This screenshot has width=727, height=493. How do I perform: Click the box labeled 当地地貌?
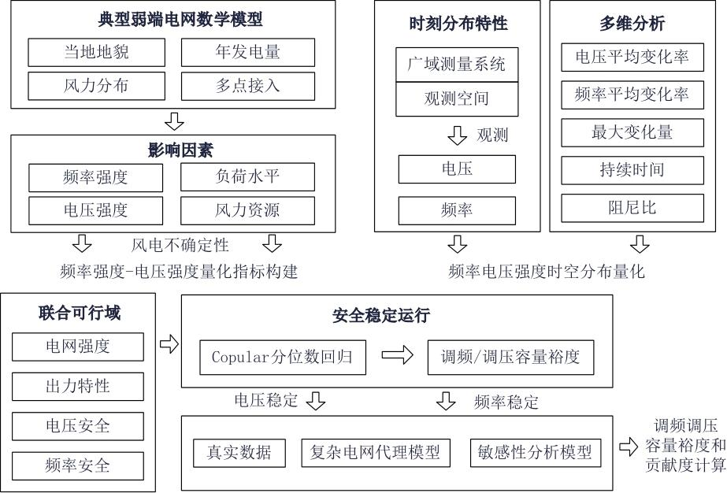click(96, 53)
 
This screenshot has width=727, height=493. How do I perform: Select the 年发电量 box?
click(248, 53)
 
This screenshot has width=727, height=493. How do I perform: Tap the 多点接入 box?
click(248, 86)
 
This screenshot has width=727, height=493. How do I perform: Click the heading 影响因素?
click(180, 150)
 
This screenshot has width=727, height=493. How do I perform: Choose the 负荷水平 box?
click(247, 176)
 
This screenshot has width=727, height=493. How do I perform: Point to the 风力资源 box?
click(247, 210)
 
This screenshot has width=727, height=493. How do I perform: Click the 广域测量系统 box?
click(457, 65)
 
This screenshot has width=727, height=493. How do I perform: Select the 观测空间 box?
click(457, 98)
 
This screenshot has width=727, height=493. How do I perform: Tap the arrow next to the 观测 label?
click(457, 135)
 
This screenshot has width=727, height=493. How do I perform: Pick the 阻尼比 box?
click(632, 208)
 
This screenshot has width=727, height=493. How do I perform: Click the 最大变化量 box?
click(632, 132)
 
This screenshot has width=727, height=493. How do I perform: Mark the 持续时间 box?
click(632, 170)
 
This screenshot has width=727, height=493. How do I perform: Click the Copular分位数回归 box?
click(282, 357)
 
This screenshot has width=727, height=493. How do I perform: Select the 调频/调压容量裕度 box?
click(510, 357)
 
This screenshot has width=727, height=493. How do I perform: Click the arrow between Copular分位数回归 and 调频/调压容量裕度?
click(397, 355)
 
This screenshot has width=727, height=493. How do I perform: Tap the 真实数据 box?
click(239, 453)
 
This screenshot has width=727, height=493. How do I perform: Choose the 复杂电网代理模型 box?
click(375, 453)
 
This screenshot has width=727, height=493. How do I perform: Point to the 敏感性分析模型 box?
click(535, 453)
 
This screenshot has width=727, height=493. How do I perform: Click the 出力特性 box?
click(78, 387)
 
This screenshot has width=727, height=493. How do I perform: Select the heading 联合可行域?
click(80, 313)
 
